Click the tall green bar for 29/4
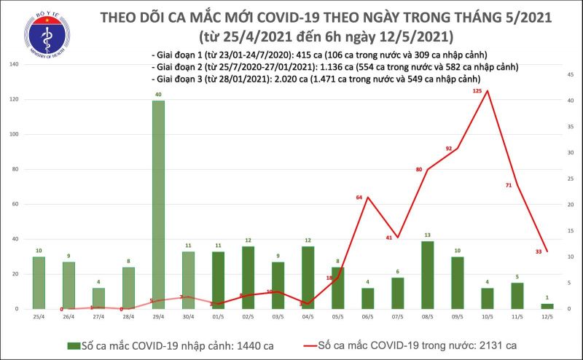click(158, 204)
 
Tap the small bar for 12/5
click(547, 305)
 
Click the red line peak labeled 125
click(487, 91)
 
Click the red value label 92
click(449, 149)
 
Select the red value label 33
click(537, 251)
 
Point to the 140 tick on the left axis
click(14, 65)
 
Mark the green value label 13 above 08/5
click(428, 235)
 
